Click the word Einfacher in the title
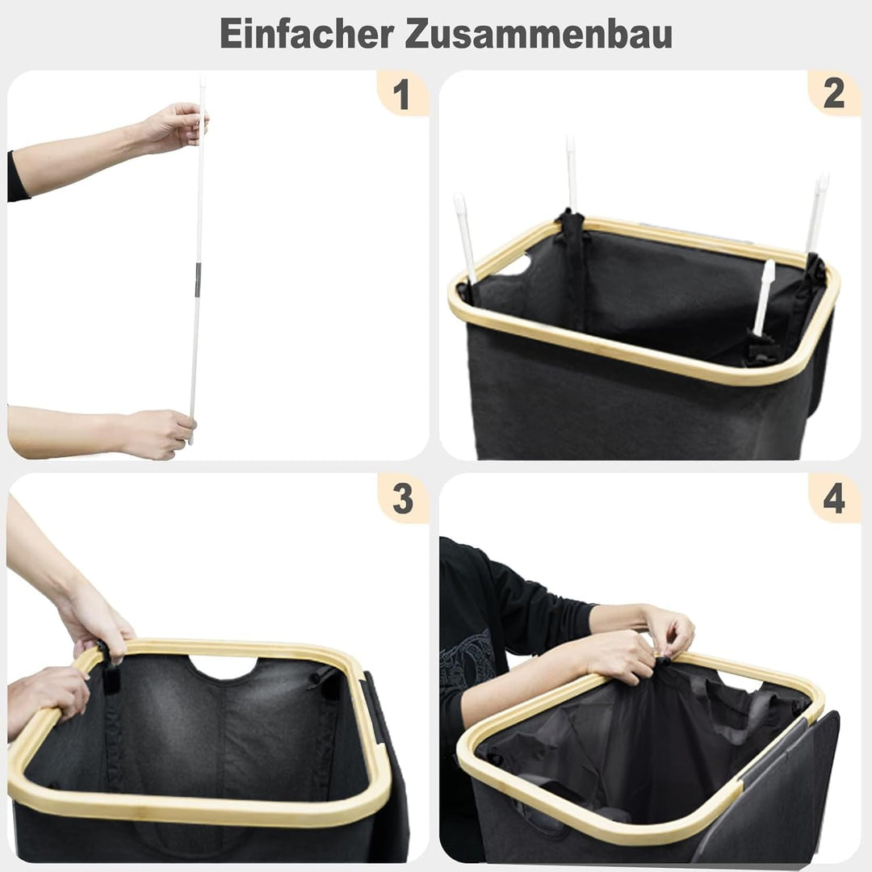307,35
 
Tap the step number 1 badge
401,95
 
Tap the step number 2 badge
833,94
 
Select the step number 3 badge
402,500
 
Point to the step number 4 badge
833,500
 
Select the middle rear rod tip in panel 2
572,170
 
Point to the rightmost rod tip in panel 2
817,206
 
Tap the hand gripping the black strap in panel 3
97,622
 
